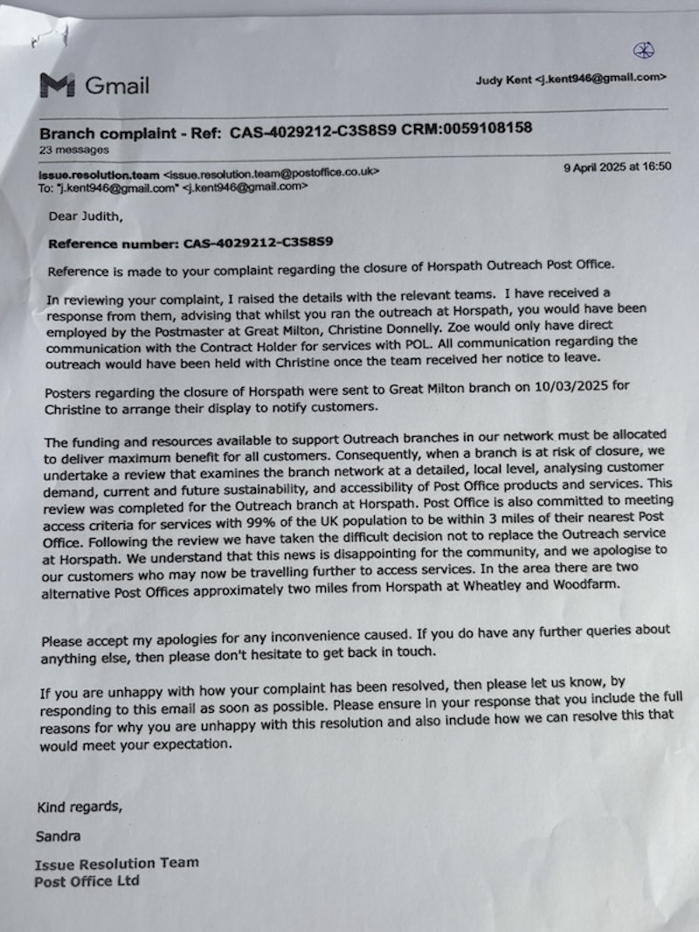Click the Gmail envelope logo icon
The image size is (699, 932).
tap(57, 85)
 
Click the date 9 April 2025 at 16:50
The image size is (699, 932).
tap(618, 166)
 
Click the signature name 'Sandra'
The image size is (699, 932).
tap(58, 836)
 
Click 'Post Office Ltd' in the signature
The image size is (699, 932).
tap(87, 881)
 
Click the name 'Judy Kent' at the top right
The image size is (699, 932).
tap(502, 79)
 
